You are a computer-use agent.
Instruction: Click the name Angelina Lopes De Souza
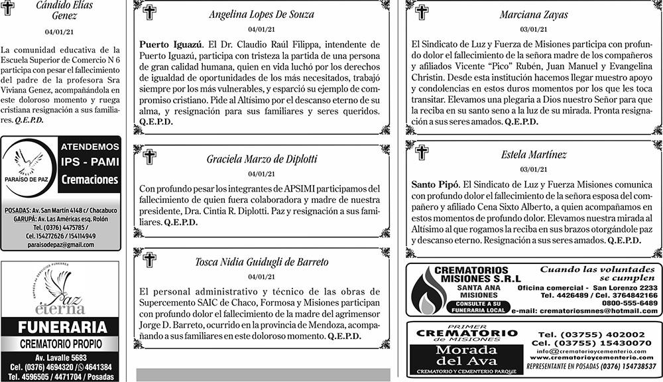tap(261, 14)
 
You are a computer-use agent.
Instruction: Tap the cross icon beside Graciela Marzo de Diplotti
tap(149, 157)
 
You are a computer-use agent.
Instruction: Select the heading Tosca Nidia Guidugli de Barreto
tap(261, 262)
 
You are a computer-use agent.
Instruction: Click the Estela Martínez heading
tap(534, 155)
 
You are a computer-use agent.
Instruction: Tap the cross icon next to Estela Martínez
tap(421, 153)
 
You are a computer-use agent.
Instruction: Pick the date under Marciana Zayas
tap(534, 29)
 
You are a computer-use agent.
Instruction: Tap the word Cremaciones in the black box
tap(89, 180)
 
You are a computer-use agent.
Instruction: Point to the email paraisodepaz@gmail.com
tap(60, 245)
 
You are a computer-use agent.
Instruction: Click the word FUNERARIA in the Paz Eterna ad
tap(62, 327)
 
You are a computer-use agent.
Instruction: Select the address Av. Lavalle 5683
tap(61, 356)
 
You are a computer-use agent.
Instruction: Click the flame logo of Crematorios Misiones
tap(424, 291)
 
